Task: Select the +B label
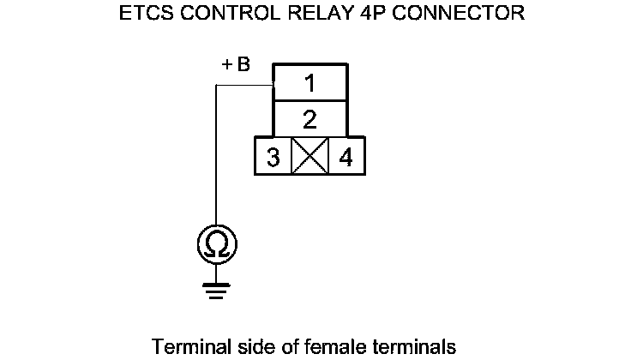pyautogui.click(x=236, y=66)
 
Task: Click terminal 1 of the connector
pyautogui.click(x=310, y=83)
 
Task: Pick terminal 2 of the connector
pyautogui.click(x=310, y=117)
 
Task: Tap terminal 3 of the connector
pyautogui.click(x=273, y=157)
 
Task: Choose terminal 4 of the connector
pyautogui.click(x=346, y=157)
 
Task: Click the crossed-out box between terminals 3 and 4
pyautogui.click(x=309, y=157)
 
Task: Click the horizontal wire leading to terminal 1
pyautogui.click(x=244, y=85)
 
